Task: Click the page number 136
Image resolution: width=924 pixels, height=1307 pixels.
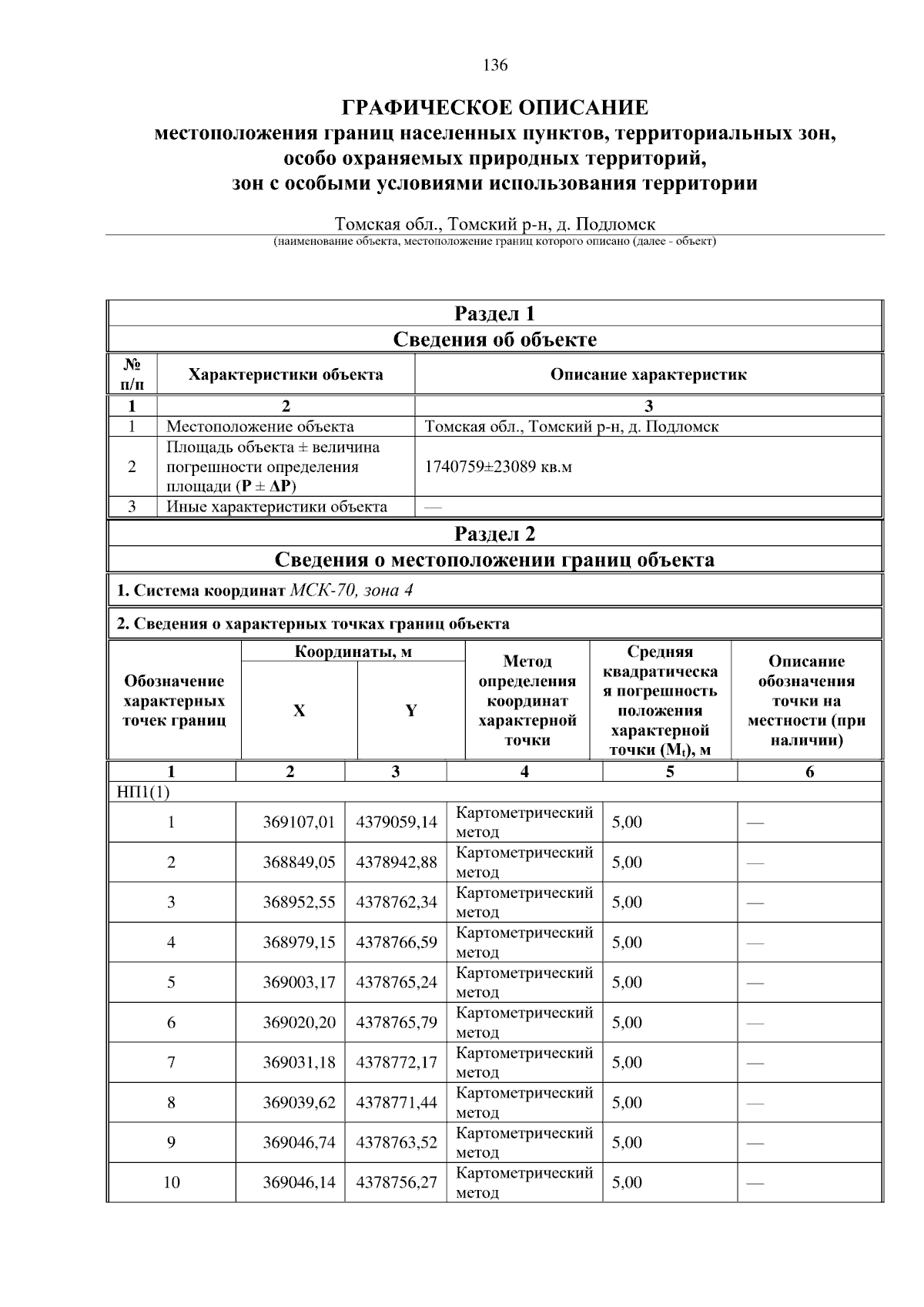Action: click(495, 65)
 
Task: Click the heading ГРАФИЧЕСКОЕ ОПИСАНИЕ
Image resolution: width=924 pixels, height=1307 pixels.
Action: click(494, 107)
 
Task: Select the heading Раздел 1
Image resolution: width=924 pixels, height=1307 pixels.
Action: click(494, 313)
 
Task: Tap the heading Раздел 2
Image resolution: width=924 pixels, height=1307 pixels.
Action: click(494, 534)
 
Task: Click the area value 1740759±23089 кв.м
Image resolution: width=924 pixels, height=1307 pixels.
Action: click(498, 467)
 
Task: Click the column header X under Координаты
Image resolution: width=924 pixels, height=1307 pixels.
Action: click(299, 711)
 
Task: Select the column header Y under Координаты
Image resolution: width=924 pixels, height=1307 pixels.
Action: click(411, 711)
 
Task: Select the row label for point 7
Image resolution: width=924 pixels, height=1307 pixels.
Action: click(171, 1062)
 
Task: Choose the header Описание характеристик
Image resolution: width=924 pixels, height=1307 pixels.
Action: click(648, 375)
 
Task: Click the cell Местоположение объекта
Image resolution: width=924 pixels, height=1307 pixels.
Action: click(260, 427)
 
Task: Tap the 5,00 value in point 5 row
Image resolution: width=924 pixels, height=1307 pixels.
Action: click(627, 982)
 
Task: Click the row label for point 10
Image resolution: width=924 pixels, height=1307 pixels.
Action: click(171, 1182)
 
